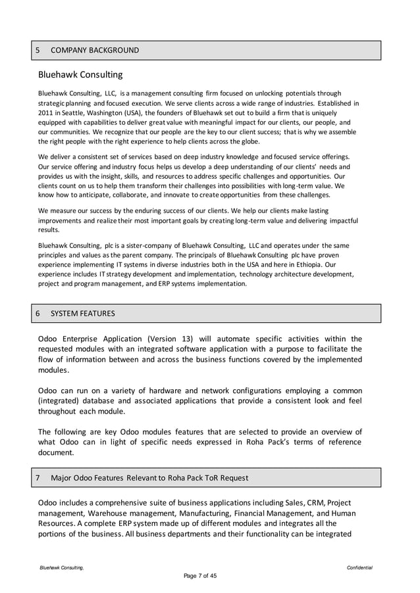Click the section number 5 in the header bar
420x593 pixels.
coord(38,50)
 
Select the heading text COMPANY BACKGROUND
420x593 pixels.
coord(95,50)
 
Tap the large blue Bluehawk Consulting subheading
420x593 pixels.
coord(80,76)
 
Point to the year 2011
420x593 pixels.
coord(47,112)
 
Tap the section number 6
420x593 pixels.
coord(38,314)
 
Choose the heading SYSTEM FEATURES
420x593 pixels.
coord(82,314)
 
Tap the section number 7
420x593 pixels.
coord(38,477)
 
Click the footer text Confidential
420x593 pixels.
coord(359,567)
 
